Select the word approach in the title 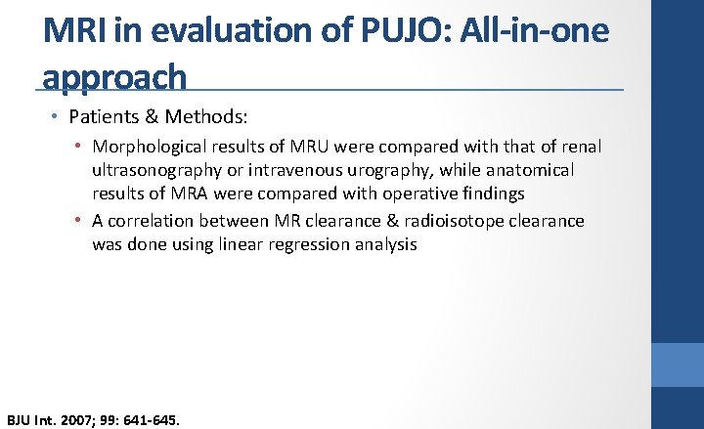coord(114,76)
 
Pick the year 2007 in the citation coord(77,420)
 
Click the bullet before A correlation coord(79,221)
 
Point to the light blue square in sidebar coord(678,365)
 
